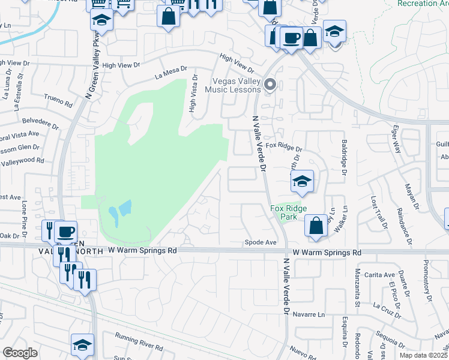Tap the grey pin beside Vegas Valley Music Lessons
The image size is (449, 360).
coord(270,85)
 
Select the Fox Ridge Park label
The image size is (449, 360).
coord(288,212)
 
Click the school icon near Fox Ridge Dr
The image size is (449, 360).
coord(302,181)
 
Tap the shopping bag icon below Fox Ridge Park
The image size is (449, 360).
coord(316,226)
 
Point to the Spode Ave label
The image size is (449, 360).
coord(261,242)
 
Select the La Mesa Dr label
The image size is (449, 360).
coord(170,73)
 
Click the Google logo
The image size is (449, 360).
coord(19,353)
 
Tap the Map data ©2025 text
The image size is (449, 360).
coord(423,355)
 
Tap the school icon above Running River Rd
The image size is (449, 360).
coord(83,344)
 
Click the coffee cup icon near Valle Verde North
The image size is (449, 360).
coord(65,232)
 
